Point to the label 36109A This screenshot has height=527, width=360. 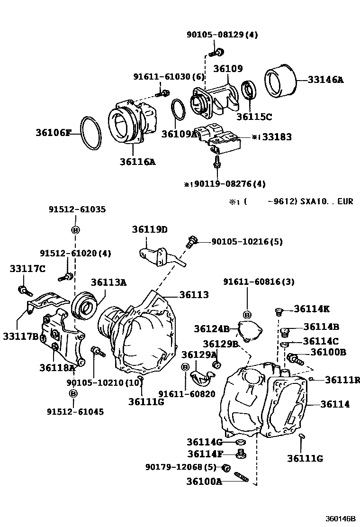pyautogui.click(x=179, y=134)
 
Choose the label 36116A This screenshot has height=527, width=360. pyautogui.click(x=137, y=162)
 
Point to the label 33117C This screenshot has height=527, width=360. pyautogui.click(x=27, y=269)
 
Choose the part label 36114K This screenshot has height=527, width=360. pyautogui.click(x=311, y=309)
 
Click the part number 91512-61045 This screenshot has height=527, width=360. pyautogui.click(x=75, y=412)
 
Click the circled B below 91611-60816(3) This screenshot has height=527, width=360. pyautogui.click(x=247, y=315)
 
